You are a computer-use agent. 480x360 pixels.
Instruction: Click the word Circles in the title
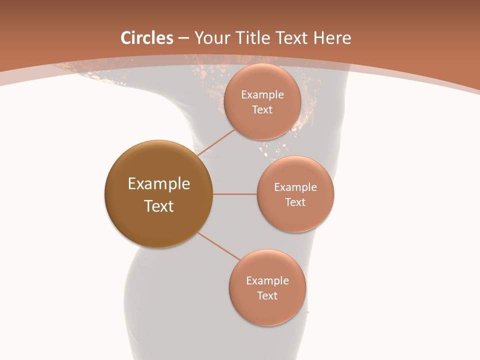point(147,38)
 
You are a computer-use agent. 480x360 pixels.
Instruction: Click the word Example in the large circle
point(159,184)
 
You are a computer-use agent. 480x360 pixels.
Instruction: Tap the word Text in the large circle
point(159,206)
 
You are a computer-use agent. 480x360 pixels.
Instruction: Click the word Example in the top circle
point(262,95)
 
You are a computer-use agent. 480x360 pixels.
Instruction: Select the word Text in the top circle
point(262,110)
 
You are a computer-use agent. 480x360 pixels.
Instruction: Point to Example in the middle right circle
point(295,187)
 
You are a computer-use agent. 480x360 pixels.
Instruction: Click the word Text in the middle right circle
point(295,202)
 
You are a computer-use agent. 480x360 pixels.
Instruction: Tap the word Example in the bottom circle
point(267,281)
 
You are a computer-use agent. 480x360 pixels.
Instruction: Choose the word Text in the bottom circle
point(267,295)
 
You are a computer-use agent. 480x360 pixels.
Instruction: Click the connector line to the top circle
point(215,142)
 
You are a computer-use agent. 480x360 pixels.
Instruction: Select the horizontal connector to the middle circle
point(234,194)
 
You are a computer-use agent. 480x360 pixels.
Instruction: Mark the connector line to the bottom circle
point(218,246)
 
